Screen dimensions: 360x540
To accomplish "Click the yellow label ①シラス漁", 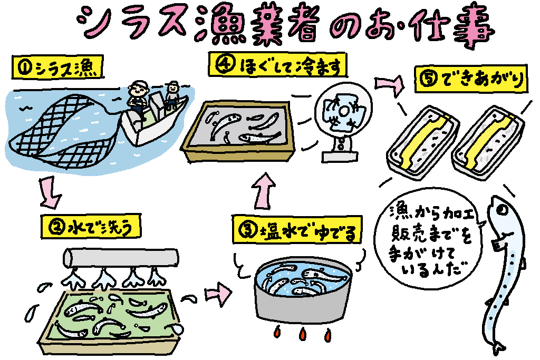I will point(59,68).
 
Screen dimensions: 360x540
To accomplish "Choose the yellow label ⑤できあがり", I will point(472,80).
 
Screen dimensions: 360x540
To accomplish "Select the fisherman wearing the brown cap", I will point(172,95).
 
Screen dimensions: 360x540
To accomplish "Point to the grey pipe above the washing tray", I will point(121,257).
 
